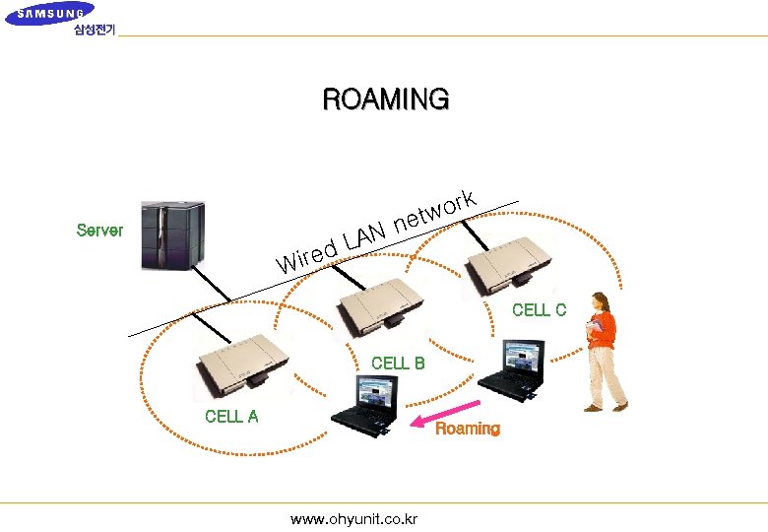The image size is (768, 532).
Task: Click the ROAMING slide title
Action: (386, 100)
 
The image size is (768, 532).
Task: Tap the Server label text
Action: (99, 231)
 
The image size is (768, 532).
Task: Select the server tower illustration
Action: (172, 234)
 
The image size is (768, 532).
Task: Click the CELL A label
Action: (231, 416)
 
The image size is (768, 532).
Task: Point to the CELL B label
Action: (398, 364)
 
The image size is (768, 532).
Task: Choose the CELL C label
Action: (539, 310)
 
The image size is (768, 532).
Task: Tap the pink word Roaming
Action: (468, 430)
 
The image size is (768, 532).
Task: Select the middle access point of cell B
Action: (379, 304)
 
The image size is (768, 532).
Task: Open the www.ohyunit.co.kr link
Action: (353, 519)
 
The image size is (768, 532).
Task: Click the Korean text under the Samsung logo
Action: (94, 30)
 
